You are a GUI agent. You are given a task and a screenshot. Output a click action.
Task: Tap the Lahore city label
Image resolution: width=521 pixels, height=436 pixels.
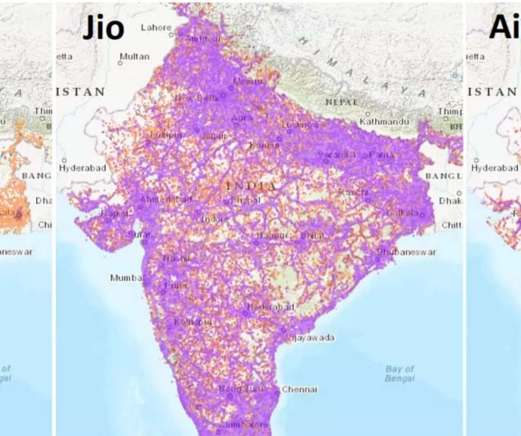[156, 27]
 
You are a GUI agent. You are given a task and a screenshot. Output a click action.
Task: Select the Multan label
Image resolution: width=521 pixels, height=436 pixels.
[134, 56]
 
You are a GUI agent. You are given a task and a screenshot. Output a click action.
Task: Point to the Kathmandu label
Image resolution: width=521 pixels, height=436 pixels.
[384, 122]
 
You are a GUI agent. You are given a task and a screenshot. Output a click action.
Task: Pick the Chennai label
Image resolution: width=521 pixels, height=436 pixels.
[300, 390]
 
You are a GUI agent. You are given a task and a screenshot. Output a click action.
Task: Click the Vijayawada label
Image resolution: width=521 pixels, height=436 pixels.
[311, 337]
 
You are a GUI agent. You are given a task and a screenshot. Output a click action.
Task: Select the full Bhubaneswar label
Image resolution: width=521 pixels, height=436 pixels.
[407, 252]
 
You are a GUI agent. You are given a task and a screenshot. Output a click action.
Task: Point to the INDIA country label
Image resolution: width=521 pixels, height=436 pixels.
[252, 186]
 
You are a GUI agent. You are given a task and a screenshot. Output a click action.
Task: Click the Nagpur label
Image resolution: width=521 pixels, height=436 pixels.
[272, 236]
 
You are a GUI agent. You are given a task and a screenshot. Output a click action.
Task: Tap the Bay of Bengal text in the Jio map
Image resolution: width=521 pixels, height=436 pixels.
[399, 373]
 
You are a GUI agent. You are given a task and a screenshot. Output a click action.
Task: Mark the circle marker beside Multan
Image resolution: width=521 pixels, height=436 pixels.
[120, 64]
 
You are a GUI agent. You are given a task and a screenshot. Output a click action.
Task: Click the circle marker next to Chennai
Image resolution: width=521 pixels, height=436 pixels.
[277, 392]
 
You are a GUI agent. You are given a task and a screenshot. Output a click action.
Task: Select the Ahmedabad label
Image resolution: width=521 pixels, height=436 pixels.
[166, 199]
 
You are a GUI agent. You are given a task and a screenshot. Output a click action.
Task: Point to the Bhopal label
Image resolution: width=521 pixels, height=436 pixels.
[245, 201]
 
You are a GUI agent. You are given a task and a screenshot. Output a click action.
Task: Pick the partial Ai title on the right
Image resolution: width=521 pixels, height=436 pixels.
[504, 28]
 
